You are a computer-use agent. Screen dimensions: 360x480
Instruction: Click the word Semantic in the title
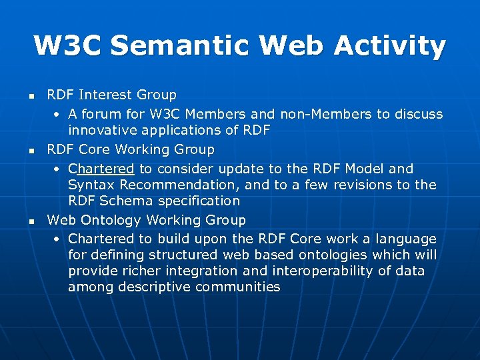pos(179,46)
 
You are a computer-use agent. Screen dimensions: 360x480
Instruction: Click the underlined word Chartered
pos(101,169)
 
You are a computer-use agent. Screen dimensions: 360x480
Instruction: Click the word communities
pos(238,287)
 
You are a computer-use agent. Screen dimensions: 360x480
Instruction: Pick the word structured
pos(171,255)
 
